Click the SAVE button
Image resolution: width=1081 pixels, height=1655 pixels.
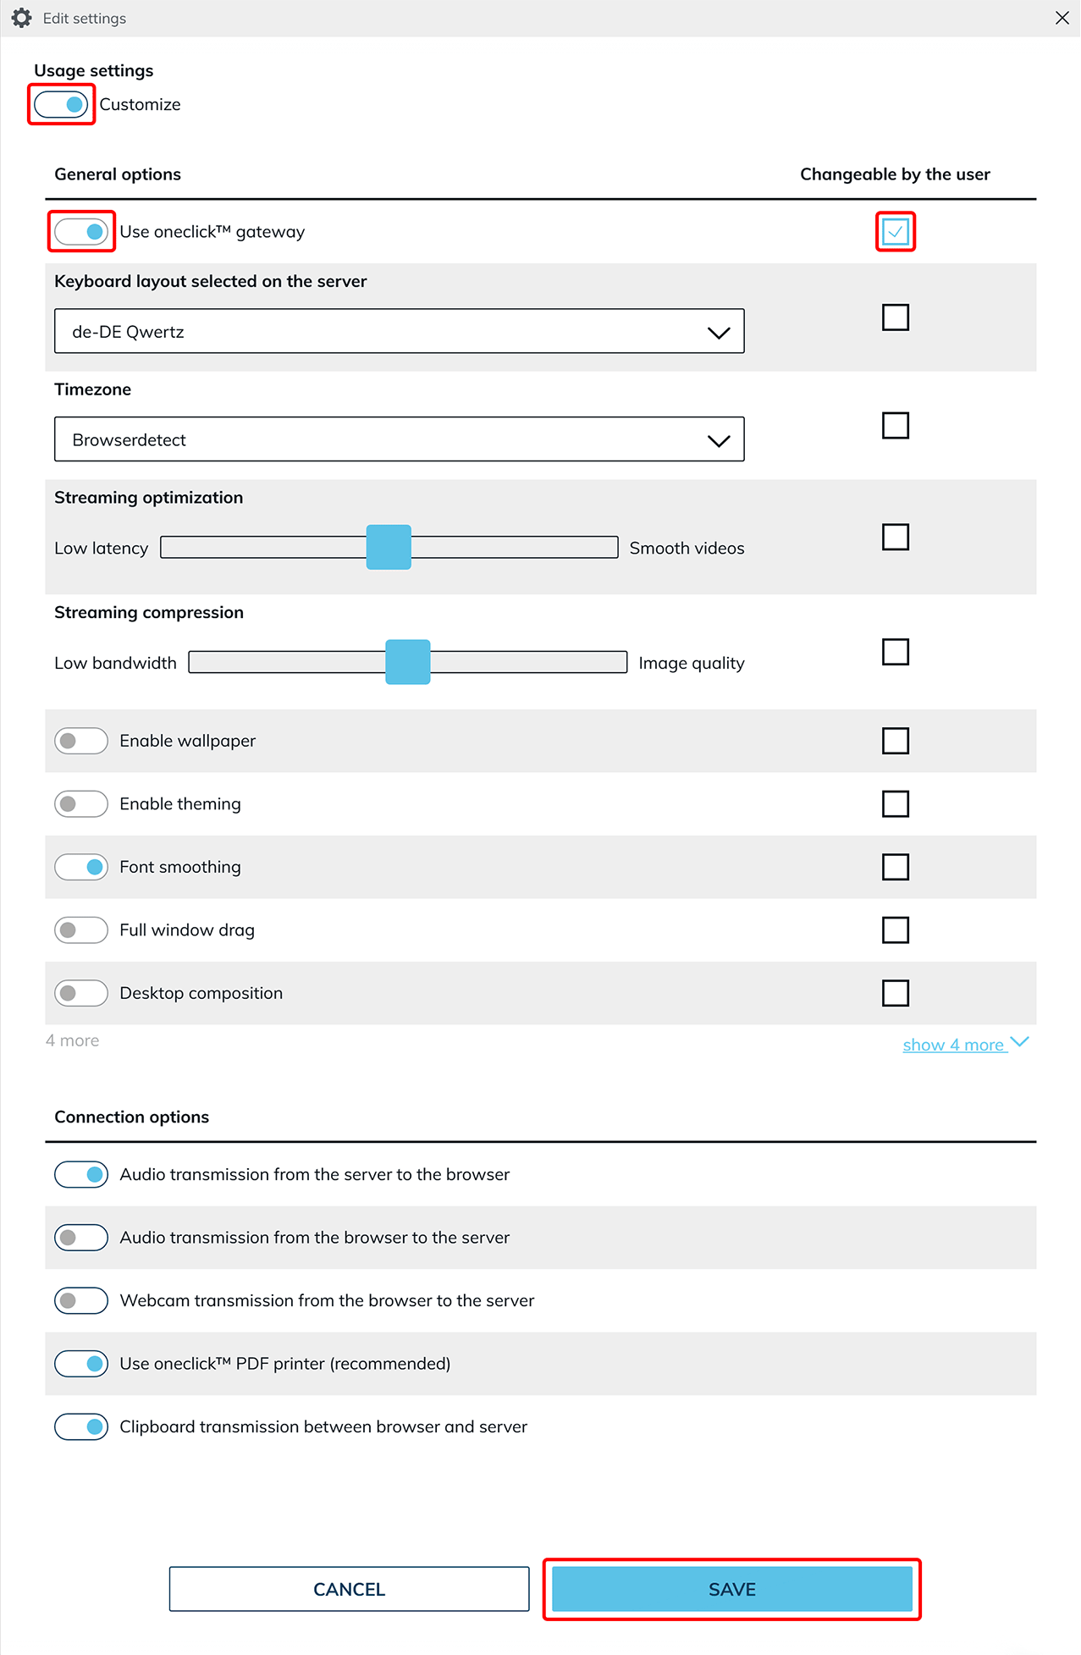coord(731,1589)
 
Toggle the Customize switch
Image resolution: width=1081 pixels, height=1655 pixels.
coord(61,105)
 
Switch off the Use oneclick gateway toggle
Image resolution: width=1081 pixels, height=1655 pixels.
coord(81,232)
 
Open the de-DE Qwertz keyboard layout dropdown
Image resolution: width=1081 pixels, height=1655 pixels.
coord(399,332)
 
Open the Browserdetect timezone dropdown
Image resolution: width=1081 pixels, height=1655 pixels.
coord(399,439)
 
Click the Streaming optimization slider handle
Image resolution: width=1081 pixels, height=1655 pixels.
coord(389,548)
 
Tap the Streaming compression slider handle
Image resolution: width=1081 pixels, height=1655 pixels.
coord(407,662)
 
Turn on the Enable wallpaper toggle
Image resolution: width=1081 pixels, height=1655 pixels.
coord(81,741)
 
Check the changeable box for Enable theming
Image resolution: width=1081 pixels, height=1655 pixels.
coord(895,804)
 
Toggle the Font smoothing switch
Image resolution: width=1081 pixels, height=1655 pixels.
coord(81,867)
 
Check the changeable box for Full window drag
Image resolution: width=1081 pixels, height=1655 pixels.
coord(895,930)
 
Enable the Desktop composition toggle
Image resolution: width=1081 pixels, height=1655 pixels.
coord(81,993)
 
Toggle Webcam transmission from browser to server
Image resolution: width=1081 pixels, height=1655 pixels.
coord(81,1300)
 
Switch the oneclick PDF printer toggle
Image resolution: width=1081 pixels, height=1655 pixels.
coord(81,1364)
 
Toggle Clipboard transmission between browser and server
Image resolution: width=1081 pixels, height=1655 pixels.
coord(81,1426)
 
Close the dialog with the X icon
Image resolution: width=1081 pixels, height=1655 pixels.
coord(1062,18)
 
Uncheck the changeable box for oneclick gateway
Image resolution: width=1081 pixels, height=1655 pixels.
coord(895,232)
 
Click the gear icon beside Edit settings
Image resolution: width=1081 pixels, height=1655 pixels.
coord(22,18)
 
